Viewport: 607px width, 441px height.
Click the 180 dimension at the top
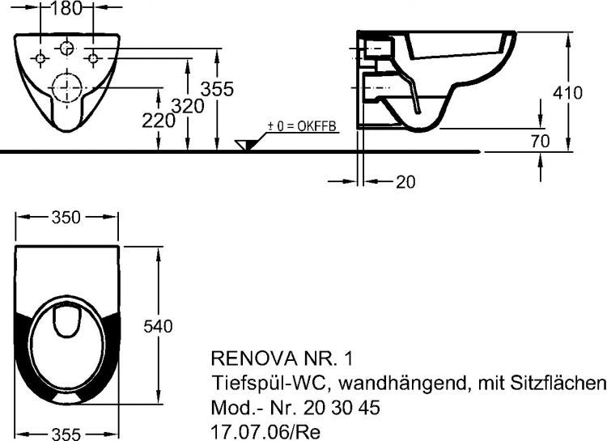point(66,10)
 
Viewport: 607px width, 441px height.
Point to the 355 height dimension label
point(218,90)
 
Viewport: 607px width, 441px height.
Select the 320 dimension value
point(188,106)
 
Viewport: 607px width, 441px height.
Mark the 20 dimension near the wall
point(405,182)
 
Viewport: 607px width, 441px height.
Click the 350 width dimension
point(67,217)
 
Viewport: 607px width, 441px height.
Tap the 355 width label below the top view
point(66,434)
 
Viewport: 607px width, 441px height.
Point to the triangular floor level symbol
point(244,145)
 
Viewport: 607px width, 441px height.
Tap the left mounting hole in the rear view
point(40,58)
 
